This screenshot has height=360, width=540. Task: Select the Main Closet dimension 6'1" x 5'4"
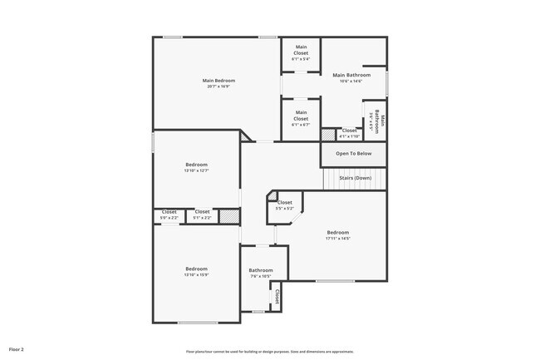[x=301, y=59]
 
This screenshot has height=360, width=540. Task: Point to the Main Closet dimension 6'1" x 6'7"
[x=301, y=126]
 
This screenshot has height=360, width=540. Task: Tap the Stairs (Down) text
[x=355, y=178]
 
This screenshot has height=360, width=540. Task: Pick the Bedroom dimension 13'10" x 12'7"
[x=196, y=171]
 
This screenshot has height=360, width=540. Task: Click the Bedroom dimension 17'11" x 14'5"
[x=338, y=239]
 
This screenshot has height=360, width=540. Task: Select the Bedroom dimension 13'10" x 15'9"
[x=196, y=275]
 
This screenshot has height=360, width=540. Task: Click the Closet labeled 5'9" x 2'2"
[x=169, y=218]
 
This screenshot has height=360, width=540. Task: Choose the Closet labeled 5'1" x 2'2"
[x=202, y=218]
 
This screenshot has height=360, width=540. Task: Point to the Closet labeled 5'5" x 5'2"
[x=284, y=208]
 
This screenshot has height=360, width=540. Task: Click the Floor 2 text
[x=17, y=349]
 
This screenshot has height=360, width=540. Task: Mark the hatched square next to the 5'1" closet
[x=229, y=216]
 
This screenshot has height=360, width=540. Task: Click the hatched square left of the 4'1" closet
[x=327, y=134]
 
